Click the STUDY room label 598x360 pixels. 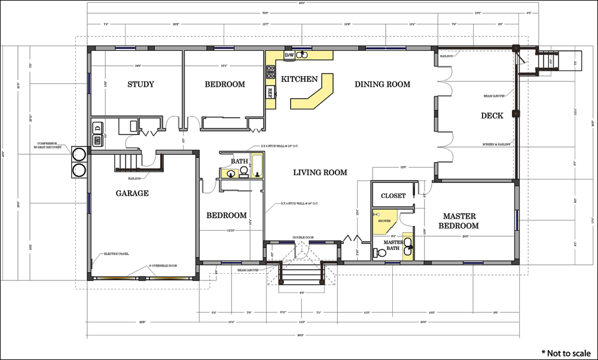coord(141,84)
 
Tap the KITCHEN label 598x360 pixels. coord(300,79)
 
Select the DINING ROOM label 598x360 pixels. coord(382,84)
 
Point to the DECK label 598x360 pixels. coord(492,115)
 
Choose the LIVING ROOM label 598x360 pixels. coord(320,173)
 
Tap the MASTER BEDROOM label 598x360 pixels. coord(459,221)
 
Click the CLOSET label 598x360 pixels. coord(393,196)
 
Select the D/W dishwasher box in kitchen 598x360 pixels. coord(289,56)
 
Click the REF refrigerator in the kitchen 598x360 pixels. coord(270,92)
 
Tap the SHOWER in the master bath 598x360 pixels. coord(384,221)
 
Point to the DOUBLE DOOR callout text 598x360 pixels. coord(303,237)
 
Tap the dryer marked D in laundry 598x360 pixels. coord(97,127)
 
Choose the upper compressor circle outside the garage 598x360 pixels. coord(78,154)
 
